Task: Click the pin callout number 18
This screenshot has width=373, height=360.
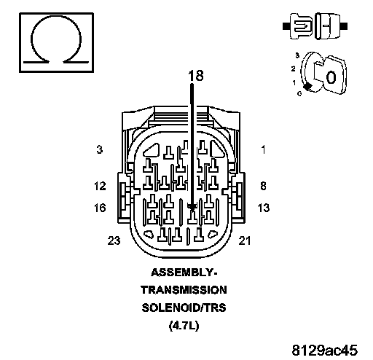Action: pos(196,75)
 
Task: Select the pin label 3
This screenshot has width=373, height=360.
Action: pos(100,149)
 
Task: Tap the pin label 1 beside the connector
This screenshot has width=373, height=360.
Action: pos(264,149)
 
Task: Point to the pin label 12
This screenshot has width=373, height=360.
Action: pos(100,186)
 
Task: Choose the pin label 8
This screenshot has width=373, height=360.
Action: pos(263,186)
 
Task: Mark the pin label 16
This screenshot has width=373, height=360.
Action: pos(100,208)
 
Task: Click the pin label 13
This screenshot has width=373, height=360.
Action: pos(264,208)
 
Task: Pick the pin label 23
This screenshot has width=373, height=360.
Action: pos(114,240)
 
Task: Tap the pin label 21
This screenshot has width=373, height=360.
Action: pos(245,240)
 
